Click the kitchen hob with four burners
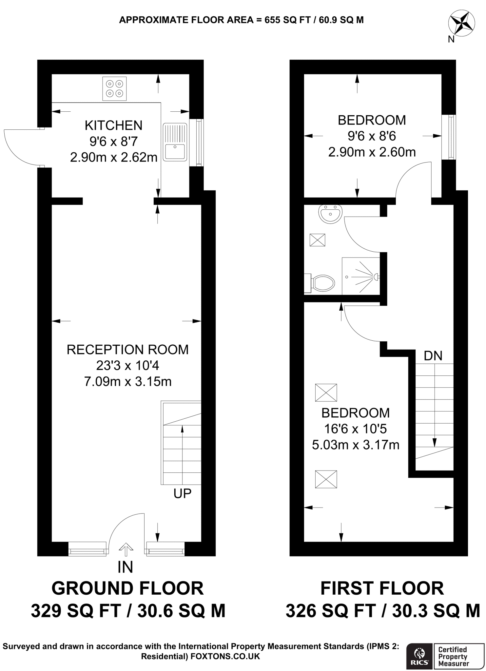pyautogui.click(x=114, y=88)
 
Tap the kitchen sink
pyautogui.click(x=175, y=142)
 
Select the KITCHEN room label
pyautogui.click(x=113, y=125)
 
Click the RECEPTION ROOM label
pyautogui.click(x=127, y=350)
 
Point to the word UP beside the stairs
pyautogui.click(x=182, y=493)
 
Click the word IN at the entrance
pyautogui.click(x=125, y=567)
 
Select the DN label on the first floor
pyautogui.click(x=433, y=356)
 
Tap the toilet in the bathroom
pyautogui.click(x=322, y=283)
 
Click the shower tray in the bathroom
pyautogui.click(x=361, y=276)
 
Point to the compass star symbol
pyautogui.click(x=461, y=23)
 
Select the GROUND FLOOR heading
pyautogui.click(x=127, y=588)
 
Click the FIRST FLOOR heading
pyautogui.click(x=382, y=588)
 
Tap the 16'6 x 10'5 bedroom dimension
pyautogui.click(x=356, y=429)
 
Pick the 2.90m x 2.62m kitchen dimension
pyautogui.click(x=113, y=158)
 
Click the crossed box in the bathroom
pyautogui.click(x=317, y=240)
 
